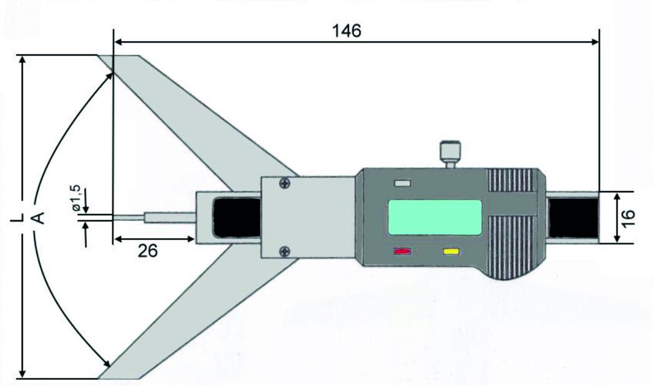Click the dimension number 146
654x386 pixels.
coord(347,31)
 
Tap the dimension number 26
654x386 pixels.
coord(148,251)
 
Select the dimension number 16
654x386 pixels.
coord(628,218)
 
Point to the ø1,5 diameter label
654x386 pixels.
coord(76,198)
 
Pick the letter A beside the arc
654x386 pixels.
coord(38,218)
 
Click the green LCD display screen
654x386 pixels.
coord(435,217)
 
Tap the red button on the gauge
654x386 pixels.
coord(402,251)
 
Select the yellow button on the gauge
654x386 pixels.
coord(451,251)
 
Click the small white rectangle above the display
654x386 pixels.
coord(402,183)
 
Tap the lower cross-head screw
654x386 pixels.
coord(285,251)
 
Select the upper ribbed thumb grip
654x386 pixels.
coord(512,180)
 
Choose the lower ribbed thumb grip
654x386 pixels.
coord(512,248)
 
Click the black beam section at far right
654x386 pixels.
coord(573,218)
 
